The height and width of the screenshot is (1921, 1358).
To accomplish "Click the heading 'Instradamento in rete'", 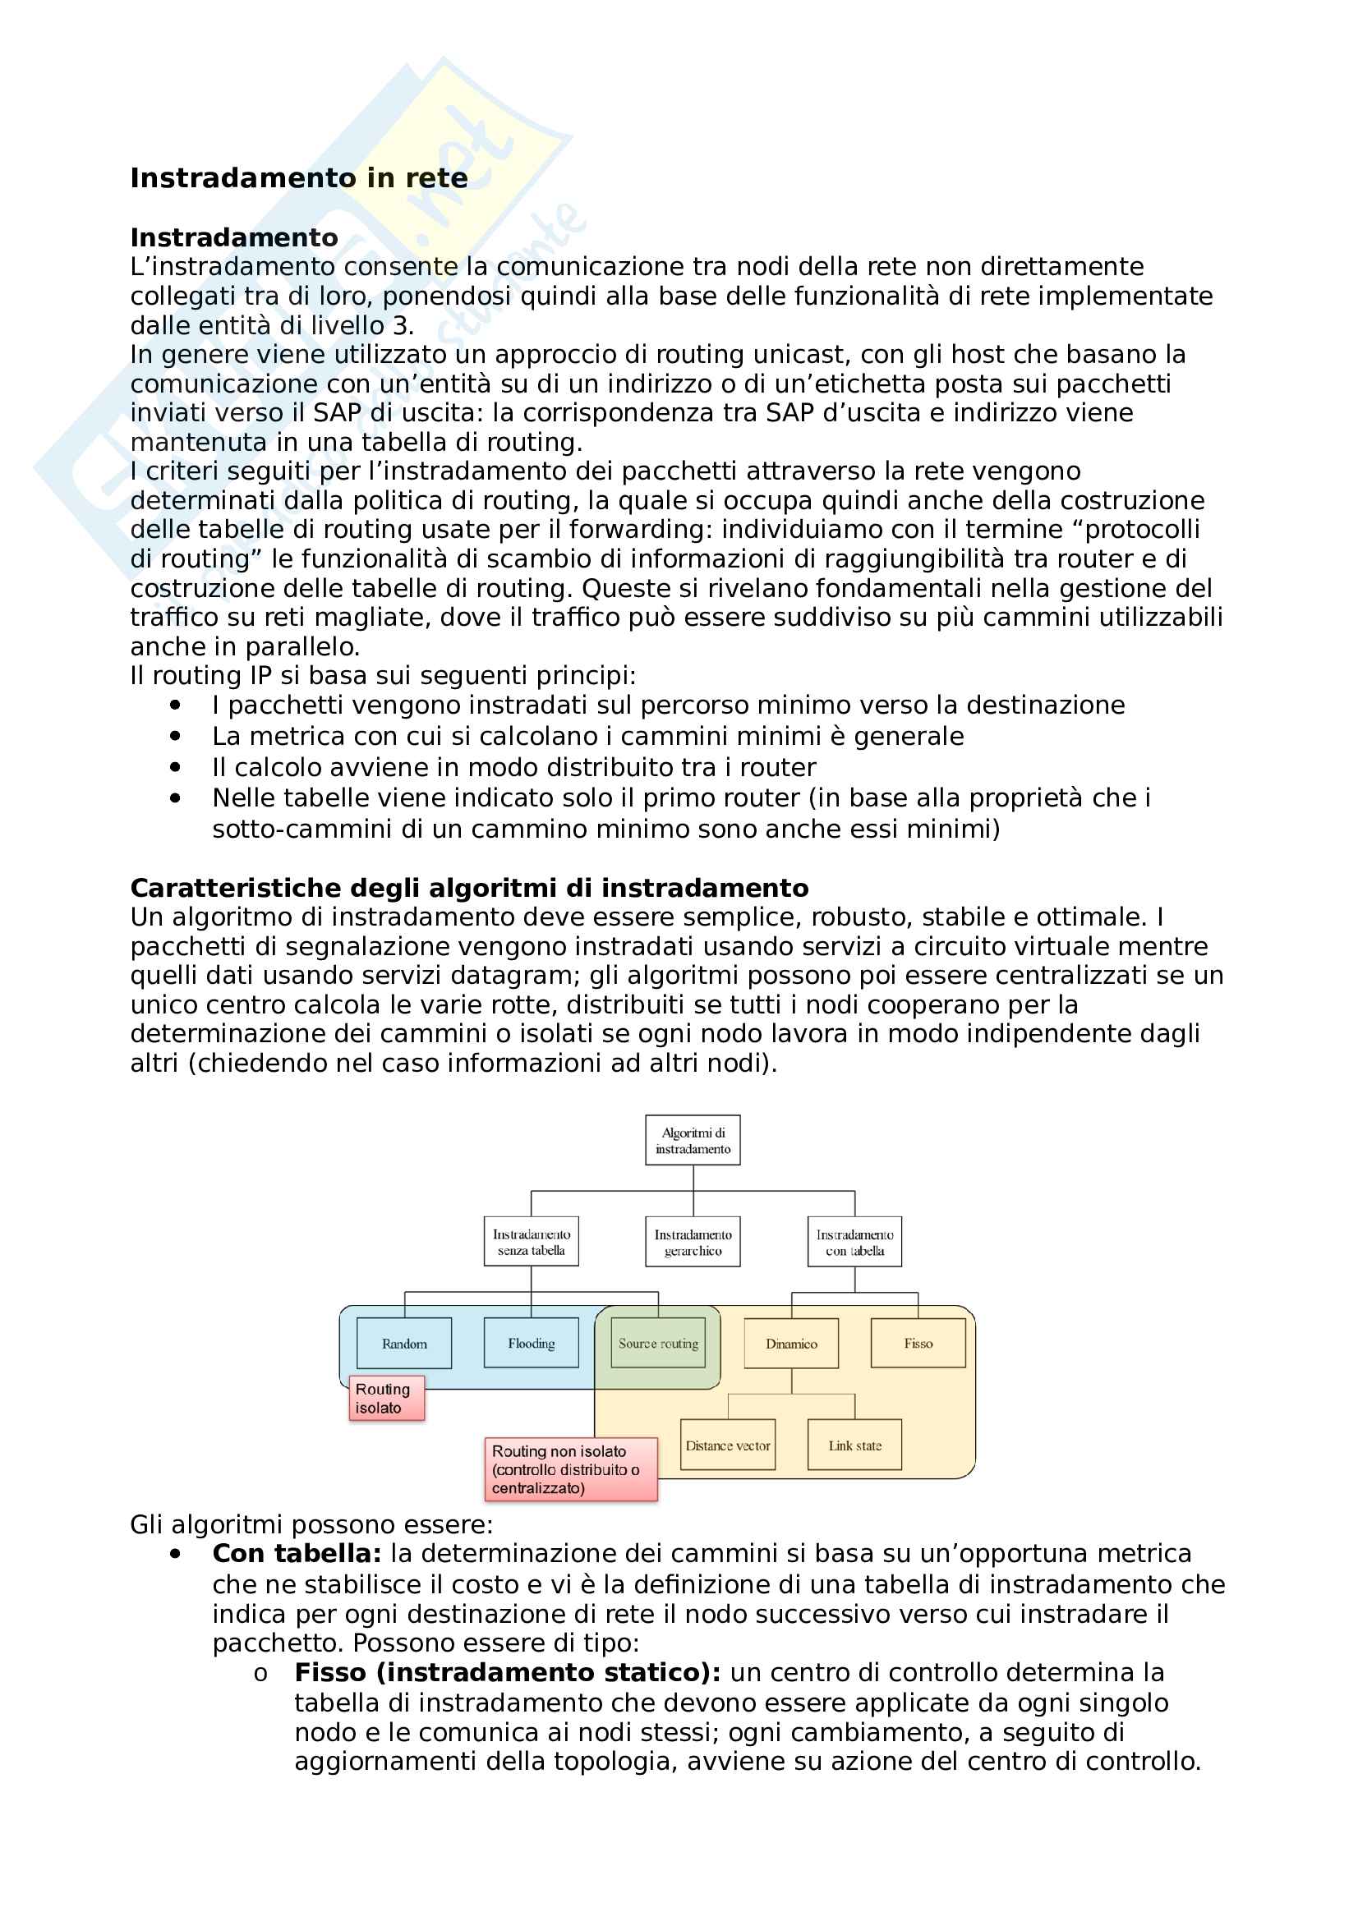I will click(299, 178).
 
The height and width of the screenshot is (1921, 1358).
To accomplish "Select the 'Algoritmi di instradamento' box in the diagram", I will click(693, 1141).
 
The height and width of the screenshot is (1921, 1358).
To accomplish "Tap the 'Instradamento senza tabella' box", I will click(532, 1243).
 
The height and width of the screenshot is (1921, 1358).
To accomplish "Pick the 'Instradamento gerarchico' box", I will click(693, 1243).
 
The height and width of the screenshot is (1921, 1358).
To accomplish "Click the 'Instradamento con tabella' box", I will click(854, 1243).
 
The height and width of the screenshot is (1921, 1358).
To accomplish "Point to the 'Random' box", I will click(404, 1344).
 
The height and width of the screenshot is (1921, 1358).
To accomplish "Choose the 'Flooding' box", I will click(532, 1344).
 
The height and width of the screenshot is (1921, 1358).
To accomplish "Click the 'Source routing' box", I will click(659, 1344).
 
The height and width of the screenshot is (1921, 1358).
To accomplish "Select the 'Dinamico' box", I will click(791, 1344).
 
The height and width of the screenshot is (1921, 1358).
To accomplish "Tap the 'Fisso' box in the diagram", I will click(918, 1344).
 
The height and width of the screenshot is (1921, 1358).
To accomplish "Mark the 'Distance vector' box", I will click(728, 1445).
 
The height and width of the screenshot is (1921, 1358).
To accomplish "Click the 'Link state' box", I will click(854, 1445).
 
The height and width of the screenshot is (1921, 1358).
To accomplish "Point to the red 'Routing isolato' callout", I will click(386, 1399).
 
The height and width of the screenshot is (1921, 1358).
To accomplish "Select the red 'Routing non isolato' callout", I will click(571, 1470).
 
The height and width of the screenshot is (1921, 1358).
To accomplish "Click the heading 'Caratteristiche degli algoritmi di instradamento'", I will click(469, 888).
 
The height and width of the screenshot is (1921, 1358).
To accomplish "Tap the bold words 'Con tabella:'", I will click(297, 1554).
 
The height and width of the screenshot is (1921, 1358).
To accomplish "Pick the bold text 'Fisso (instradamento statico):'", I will click(507, 1672).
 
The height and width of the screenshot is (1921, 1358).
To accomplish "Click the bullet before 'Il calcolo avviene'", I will click(175, 767).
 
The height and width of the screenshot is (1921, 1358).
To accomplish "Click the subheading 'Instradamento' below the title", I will click(234, 237).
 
